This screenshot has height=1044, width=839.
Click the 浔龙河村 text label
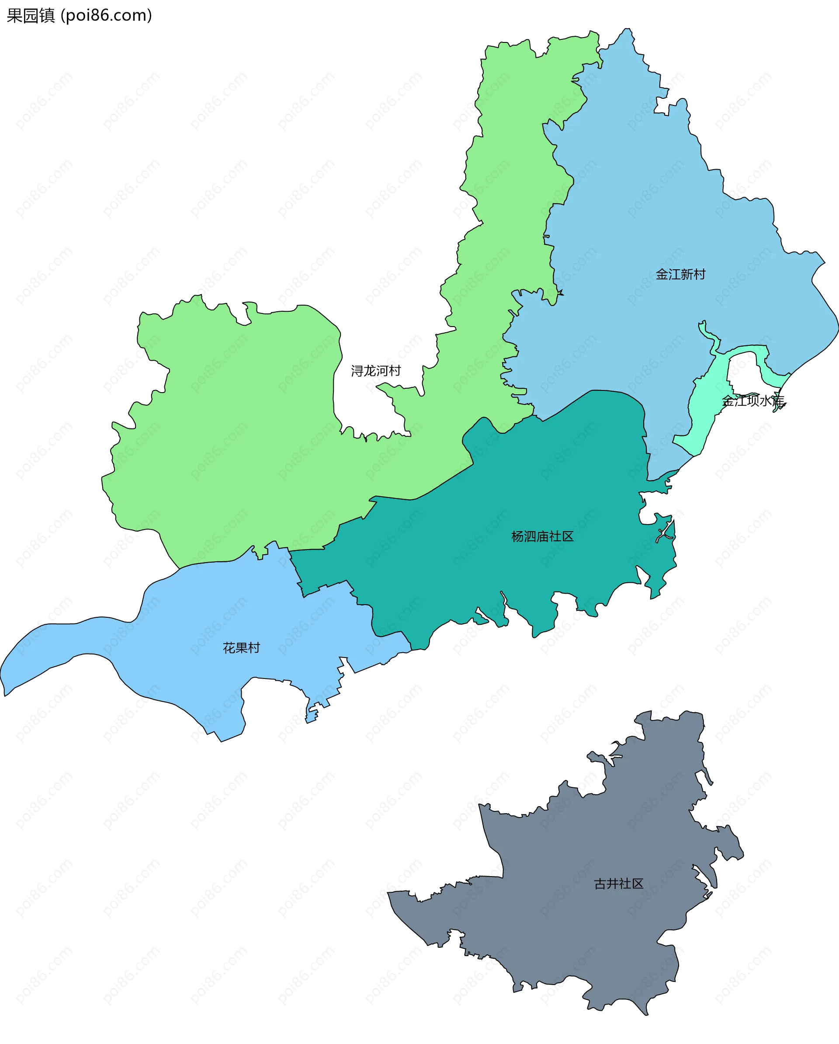pyautogui.click(x=376, y=371)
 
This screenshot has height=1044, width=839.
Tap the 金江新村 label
pyautogui.click(x=680, y=275)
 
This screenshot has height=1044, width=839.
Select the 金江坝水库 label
pyautogui.click(x=753, y=401)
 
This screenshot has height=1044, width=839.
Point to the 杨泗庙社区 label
pyautogui.click(x=542, y=536)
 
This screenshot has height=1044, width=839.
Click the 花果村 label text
pyautogui.click(x=241, y=648)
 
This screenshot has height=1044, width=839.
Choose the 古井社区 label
pyautogui.click(x=619, y=884)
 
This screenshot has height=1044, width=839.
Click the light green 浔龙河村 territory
pyautogui.click(x=242, y=436)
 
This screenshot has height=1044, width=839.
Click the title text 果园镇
pyautogui.click(x=31, y=15)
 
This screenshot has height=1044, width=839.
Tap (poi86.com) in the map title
pyautogui.click(x=107, y=15)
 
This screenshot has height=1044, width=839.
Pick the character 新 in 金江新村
pyautogui.click(x=686, y=275)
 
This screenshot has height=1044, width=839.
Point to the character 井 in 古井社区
pyautogui.click(x=613, y=884)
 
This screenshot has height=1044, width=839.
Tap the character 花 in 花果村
pyautogui.click(x=229, y=648)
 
